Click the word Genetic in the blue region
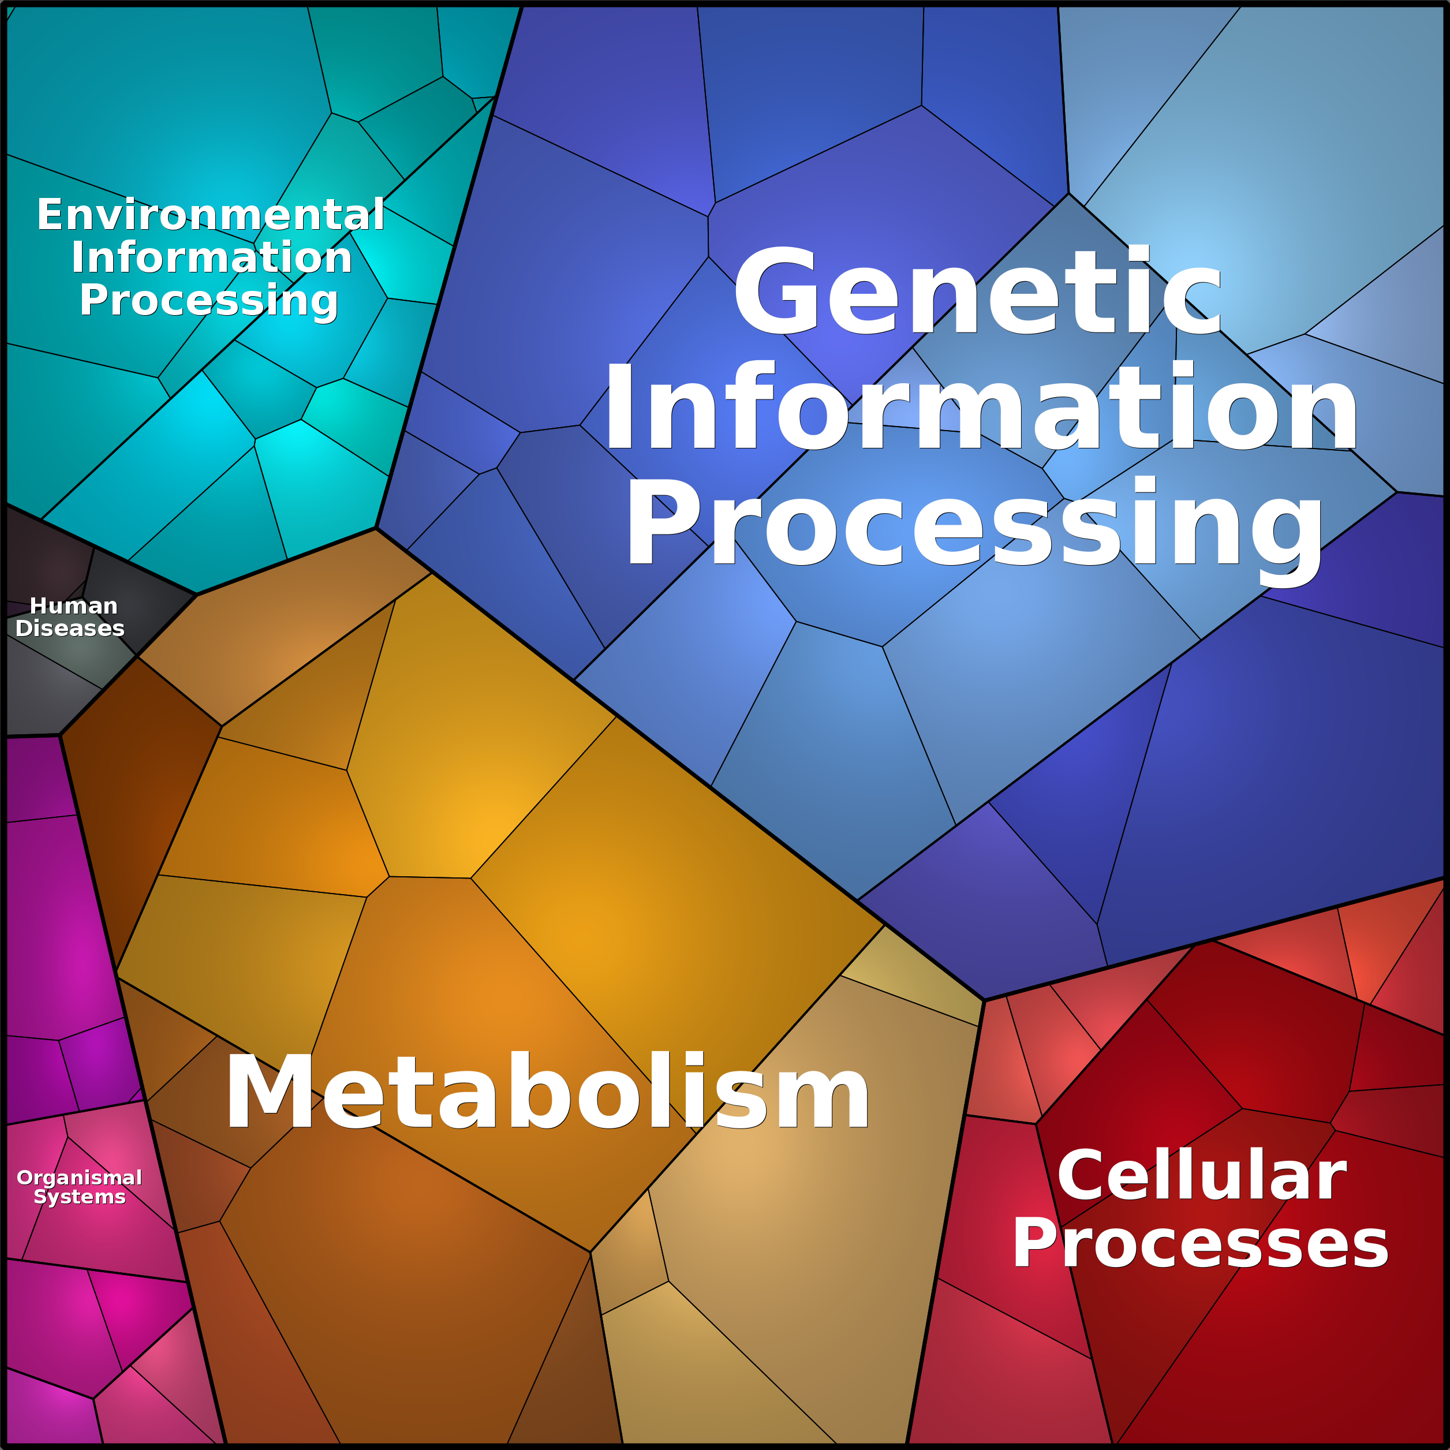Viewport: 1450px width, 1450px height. (x=978, y=291)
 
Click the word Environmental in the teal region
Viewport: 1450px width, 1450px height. (x=211, y=215)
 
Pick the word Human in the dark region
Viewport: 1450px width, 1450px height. (x=73, y=606)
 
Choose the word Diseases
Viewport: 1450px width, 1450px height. (x=70, y=628)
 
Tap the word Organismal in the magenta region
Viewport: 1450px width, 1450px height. (x=80, y=1178)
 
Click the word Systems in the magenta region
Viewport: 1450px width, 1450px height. (x=80, y=1197)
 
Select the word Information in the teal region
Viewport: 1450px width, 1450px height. (x=212, y=257)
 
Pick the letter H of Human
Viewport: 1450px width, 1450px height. (x=38, y=606)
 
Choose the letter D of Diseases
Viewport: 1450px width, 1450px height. (x=24, y=628)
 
